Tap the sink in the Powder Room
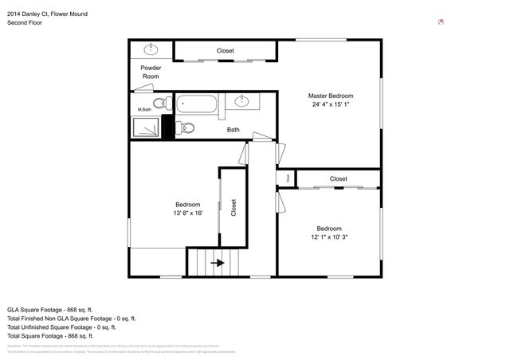(x=151, y=49)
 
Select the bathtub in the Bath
(x=196, y=103)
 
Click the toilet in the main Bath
(x=187, y=127)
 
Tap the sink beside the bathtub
(x=245, y=101)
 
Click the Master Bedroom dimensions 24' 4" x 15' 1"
(x=330, y=104)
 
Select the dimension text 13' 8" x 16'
(x=188, y=213)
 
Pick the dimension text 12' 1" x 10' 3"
(x=329, y=237)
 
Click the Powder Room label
(x=151, y=72)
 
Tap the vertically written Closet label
(x=233, y=208)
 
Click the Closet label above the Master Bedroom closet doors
(x=226, y=51)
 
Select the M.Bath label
(x=144, y=110)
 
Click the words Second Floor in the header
(x=25, y=23)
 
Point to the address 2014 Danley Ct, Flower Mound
(x=54, y=13)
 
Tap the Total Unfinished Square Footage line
(x=61, y=327)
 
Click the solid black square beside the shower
(x=167, y=127)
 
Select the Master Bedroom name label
(x=330, y=96)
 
